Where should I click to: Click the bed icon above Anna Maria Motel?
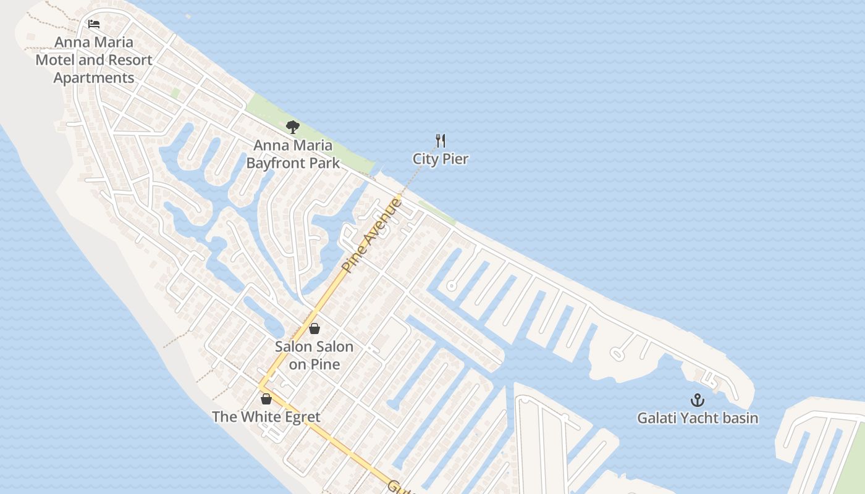coord(94,24)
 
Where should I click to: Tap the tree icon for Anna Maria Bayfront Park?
coord(293,127)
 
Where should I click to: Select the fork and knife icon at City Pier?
coord(441,141)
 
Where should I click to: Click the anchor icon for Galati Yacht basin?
coord(698,400)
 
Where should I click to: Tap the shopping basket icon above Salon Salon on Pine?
coord(314,329)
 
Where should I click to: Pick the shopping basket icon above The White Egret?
coord(266,399)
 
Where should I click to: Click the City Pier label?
coord(441,159)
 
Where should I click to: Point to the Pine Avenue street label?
coord(372,235)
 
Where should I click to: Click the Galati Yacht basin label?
coord(698,418)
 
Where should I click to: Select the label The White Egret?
coord(266,417)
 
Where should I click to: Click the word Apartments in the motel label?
coord(94,78)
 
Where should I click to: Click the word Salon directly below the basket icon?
coord(293,346)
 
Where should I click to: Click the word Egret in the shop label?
coord(302,417)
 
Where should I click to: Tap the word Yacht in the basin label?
coord(698,418)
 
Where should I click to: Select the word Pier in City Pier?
coord(456,159)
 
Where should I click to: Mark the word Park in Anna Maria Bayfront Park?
coord(326,163)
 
